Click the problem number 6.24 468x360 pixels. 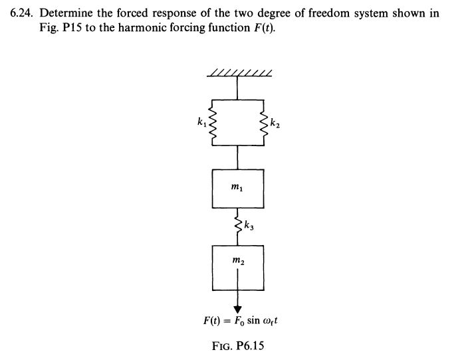click(24, 13)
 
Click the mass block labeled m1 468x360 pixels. click(238, 189)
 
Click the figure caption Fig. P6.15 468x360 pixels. click(237, 346)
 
